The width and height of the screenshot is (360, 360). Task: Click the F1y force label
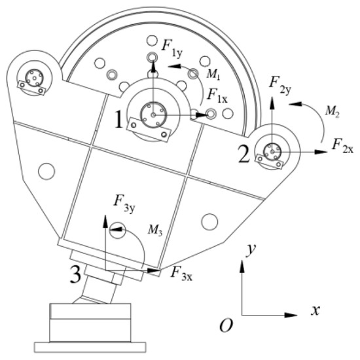tap(172, 48)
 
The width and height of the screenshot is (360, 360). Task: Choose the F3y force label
tap(124, 204)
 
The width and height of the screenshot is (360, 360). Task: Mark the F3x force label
tap(181, 274)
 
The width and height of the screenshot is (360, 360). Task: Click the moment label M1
tap(213, 74)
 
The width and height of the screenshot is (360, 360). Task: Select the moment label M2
tap(333, 112)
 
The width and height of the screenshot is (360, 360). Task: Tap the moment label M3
tap(155, 230)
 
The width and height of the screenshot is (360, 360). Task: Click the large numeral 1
tap(119, 119)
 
